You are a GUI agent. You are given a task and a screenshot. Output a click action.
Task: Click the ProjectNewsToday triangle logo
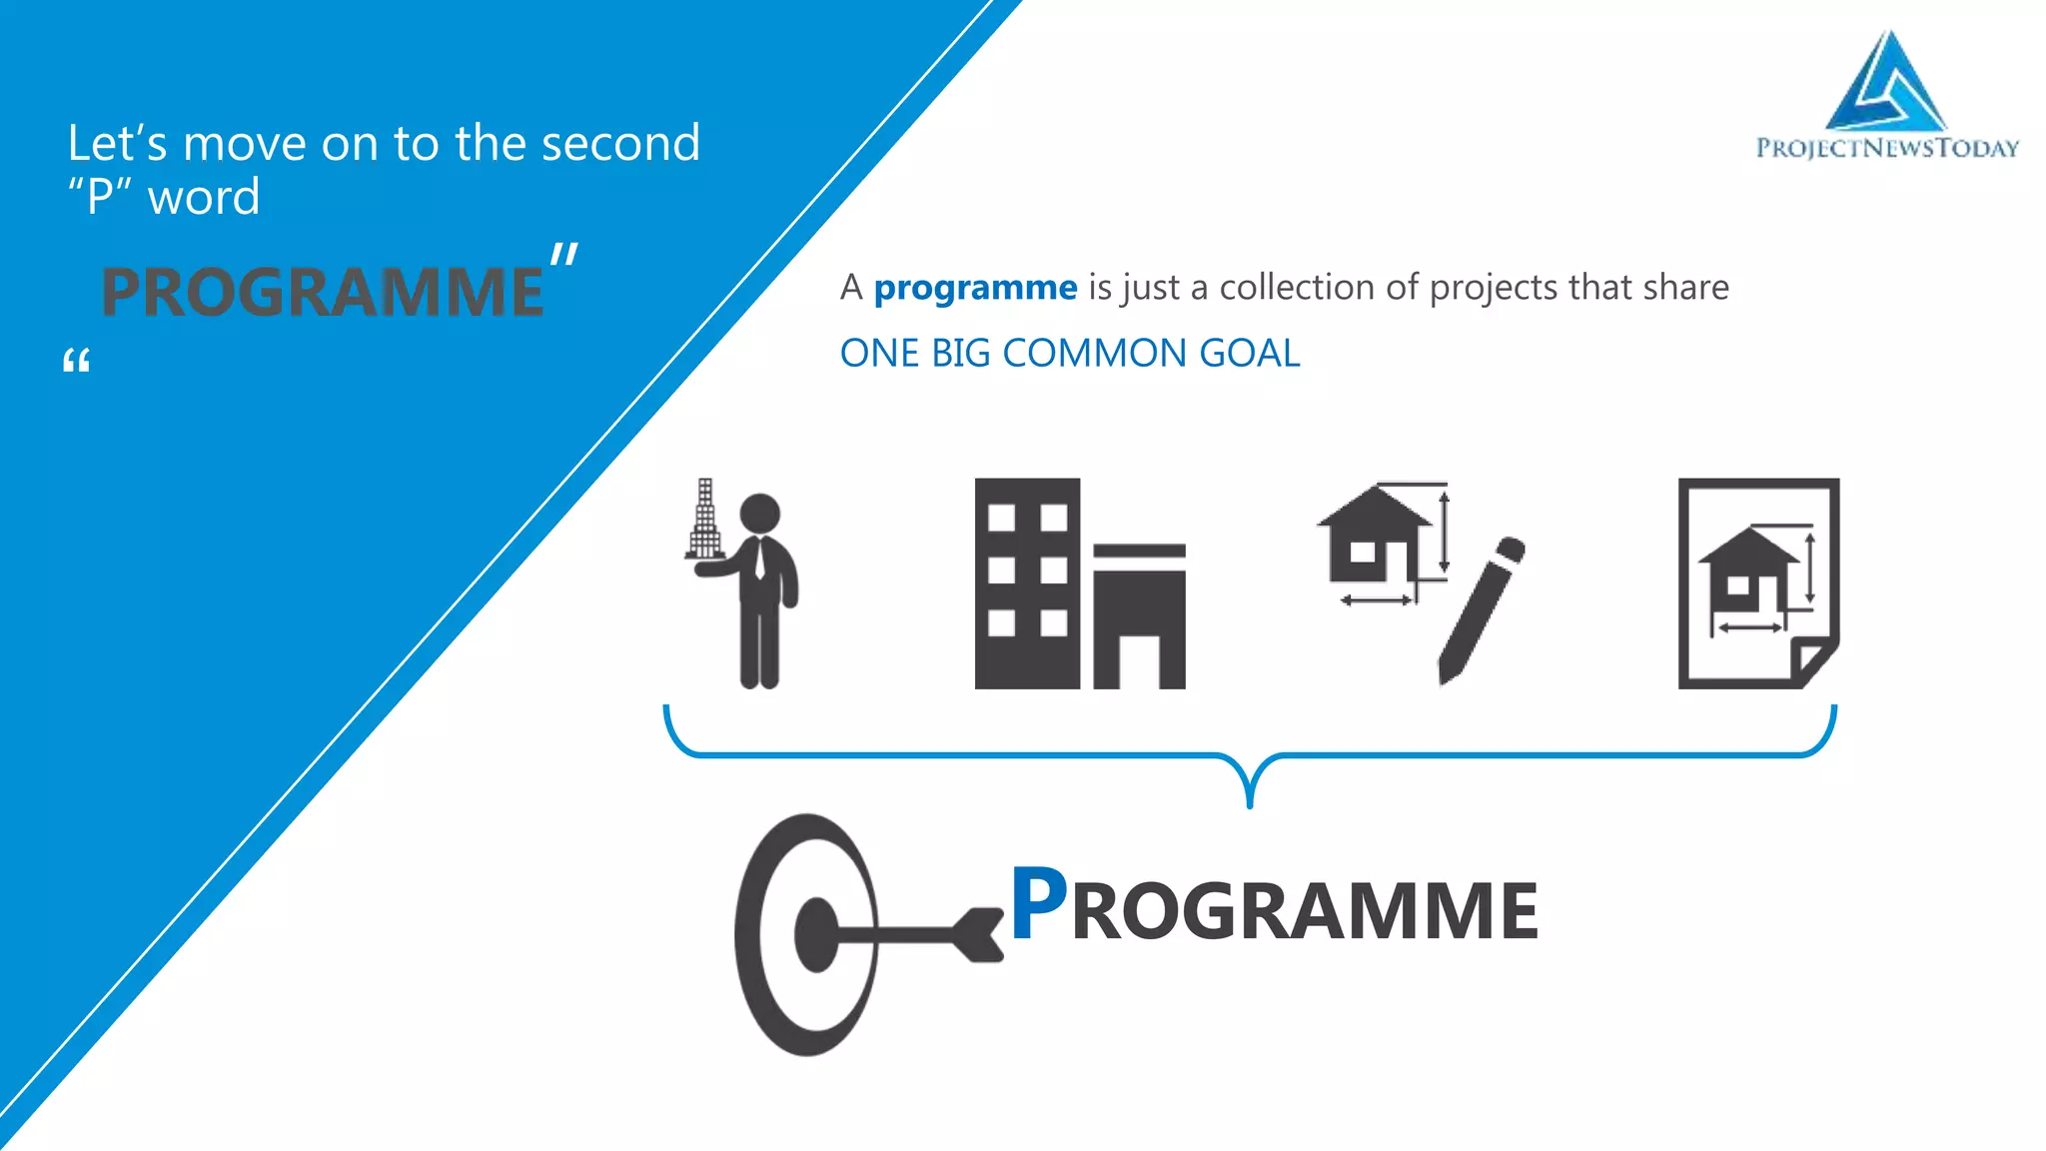click(1886, 85)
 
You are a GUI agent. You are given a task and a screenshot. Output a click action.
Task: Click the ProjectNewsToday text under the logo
click(1887, 148)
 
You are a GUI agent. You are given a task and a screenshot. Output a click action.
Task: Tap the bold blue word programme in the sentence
click(975, 288)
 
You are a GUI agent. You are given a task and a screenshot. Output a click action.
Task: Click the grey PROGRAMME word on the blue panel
click(322, 293)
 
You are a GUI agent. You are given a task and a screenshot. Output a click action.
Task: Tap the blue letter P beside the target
click(1038, 903)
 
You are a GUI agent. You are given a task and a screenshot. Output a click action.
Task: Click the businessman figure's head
click(760, 514)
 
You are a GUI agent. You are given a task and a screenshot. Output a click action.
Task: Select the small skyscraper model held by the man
click(704, 520)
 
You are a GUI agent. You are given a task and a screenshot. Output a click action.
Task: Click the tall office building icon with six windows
click(1027, 583)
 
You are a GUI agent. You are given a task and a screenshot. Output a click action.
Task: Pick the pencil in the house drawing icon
click(1483, 610)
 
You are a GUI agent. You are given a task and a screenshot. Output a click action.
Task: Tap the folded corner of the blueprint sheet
click(1810, 661)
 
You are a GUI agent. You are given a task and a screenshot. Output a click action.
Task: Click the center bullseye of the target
click(815, 934)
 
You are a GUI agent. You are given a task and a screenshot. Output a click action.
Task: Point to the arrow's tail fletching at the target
click(979, 935)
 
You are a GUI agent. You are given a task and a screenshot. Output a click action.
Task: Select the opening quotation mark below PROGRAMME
click(76, 361)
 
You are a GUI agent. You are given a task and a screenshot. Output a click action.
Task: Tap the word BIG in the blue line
click(960, 353)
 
